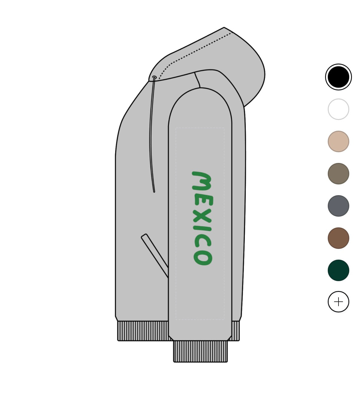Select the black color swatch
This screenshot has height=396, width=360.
tap(338, 77)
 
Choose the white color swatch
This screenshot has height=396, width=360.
tap(338, 109)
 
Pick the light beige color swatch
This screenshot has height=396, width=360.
tap(338, 141)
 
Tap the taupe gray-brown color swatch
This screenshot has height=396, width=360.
tap(338, 173)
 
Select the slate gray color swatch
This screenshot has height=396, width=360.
tap(338, 206)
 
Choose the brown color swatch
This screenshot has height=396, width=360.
tap(338, 238)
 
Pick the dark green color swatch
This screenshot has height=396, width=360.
tap(338, 270)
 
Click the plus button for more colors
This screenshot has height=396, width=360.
tap(338, 302)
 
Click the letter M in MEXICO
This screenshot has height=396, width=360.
tap(201, 181)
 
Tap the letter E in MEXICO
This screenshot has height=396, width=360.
tap(204, 200)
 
